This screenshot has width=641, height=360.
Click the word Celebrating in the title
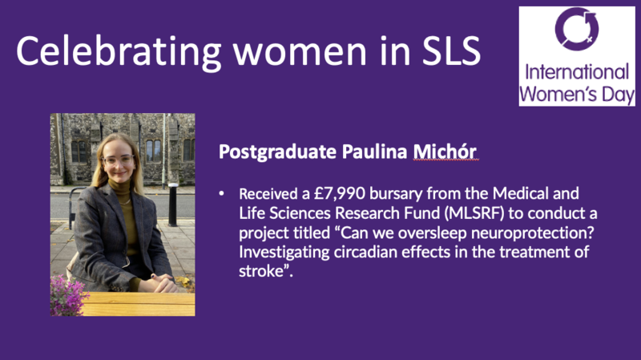click(x=119, y=51)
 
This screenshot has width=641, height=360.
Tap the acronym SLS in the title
click(x=451, y=51)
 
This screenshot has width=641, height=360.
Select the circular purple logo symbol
click(x=576, y=29)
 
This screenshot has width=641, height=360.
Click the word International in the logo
click(x=577, y=72)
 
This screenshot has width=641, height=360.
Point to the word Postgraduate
click(x=277, y=152)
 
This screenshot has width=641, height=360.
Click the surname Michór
click(x=445, y=152)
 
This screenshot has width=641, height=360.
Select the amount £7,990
click(x=339, y=194)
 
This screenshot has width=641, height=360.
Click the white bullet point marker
click(x=222, y=193)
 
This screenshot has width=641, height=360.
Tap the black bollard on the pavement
click(x=173, y=204)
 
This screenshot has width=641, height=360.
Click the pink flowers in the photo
click(x=67, y=295)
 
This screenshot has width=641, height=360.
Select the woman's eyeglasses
click(x=118, y=160)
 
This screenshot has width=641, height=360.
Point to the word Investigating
click(x=284, y=253)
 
